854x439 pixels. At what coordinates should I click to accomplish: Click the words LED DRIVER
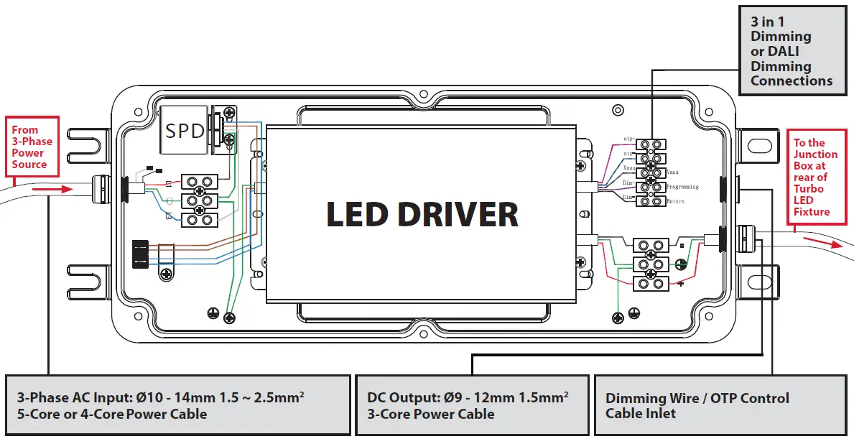coord(422,215)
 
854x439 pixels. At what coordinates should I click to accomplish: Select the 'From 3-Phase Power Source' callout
coord(29,147)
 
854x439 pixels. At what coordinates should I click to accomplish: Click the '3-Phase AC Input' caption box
coord(177,405)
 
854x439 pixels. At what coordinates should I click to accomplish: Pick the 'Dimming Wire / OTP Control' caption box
coord(722,405)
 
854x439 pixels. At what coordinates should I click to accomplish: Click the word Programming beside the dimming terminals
coord(682,187)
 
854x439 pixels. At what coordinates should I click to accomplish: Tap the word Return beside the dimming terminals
coord(676,202)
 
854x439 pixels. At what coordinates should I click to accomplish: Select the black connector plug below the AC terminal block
coord(141,254)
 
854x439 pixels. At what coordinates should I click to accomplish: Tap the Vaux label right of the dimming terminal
coord(674,172)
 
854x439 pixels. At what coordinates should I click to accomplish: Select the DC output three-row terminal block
coord(650,267)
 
